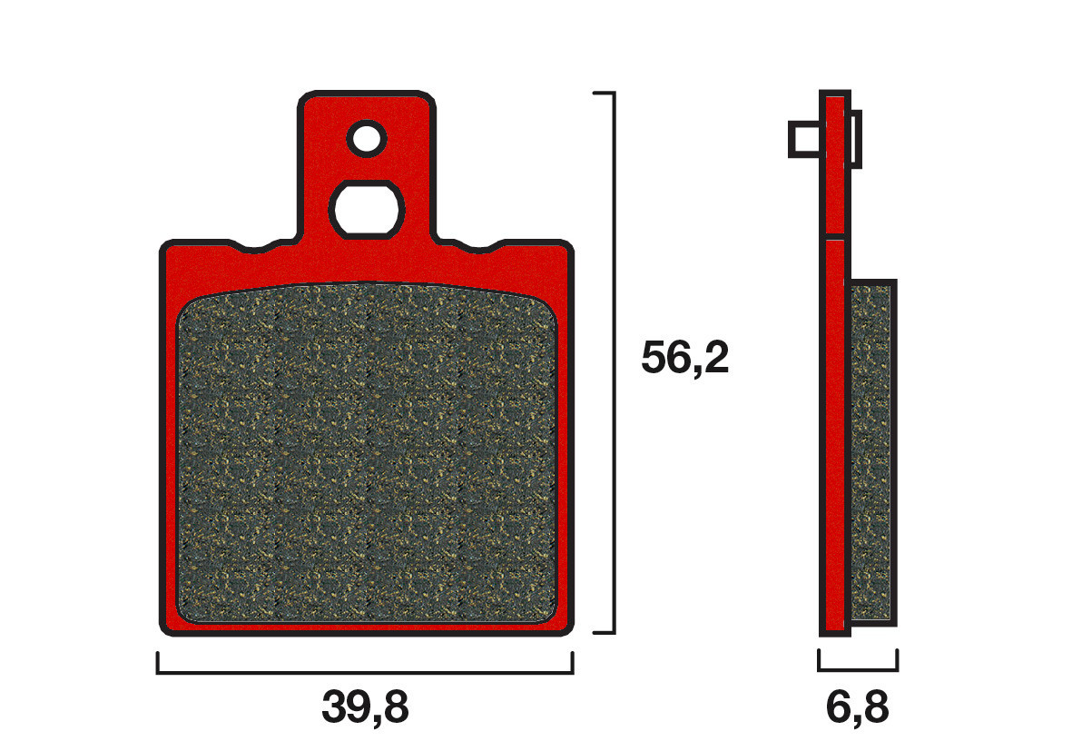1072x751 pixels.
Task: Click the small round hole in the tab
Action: coord(367,138)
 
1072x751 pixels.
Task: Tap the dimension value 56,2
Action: coord(684,359)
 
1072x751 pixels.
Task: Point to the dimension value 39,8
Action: coord(365,707)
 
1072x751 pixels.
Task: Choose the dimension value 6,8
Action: coord(857,707)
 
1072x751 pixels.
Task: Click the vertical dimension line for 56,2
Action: coord(615,363)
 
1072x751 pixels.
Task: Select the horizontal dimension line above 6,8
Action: coord(858,669)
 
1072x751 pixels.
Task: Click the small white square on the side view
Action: coord(806,140)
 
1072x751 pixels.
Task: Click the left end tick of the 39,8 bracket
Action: coord(158,663)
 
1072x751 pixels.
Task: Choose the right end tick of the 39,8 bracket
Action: coord(572,663)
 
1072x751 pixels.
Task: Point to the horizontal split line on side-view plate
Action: coord(835,240)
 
